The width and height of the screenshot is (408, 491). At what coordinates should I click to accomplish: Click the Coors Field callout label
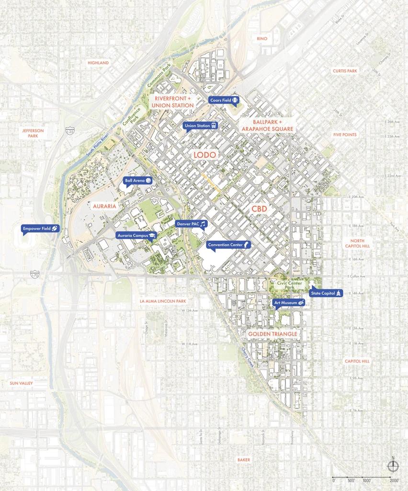(224, 100)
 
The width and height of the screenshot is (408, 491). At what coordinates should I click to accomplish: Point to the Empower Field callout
(41, 229)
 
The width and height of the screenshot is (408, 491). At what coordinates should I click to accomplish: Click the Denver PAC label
(191, 224)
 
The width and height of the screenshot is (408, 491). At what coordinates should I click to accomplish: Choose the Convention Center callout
(229, 245)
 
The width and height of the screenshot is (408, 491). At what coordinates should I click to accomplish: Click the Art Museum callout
(289, 303)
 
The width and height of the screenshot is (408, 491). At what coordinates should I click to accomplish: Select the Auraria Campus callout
(136, 235)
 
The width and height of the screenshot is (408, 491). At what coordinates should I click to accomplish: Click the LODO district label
(205, 155)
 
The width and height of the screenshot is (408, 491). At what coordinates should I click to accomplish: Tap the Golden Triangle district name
(273, 334)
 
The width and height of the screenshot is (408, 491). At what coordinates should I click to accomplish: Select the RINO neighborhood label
(261, 38)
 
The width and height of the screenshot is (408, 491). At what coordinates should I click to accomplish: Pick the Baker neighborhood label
(243, 460)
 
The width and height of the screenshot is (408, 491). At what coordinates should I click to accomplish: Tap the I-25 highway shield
(69, 130)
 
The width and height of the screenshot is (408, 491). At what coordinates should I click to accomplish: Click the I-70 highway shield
(34, 275)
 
